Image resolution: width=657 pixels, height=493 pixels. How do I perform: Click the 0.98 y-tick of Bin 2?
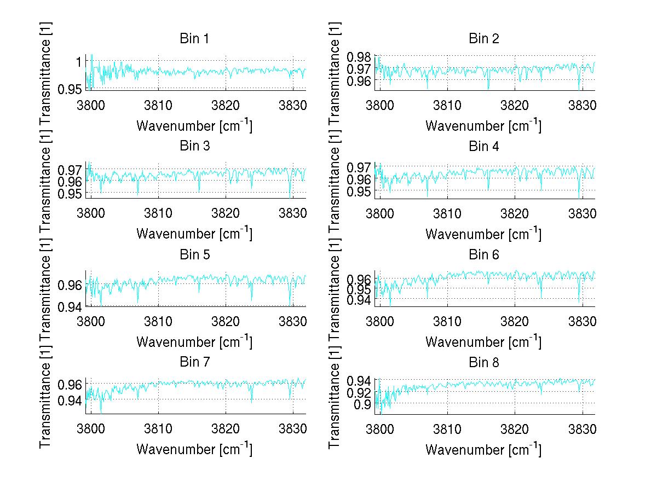[x=360, y=57]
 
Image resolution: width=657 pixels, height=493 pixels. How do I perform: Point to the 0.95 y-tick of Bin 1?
[x=71, y=89]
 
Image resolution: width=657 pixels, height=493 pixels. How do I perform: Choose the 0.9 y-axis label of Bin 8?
[x=364, y=404]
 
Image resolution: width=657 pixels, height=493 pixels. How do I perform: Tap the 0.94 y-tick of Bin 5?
[x=71, y=305]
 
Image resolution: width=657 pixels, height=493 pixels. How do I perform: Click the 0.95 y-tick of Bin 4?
[x=360, y=192]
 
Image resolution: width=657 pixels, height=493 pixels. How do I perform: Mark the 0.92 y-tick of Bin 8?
[x=360, y=393]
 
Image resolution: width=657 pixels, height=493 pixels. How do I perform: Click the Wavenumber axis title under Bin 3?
[x=194, y=233]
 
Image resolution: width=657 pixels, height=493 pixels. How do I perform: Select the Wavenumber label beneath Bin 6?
[x=483, y=341]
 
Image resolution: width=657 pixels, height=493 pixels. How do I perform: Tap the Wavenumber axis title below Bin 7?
[x=194, y=449]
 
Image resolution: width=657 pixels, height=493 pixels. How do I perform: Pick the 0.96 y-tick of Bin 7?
[x=71, y=384]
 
